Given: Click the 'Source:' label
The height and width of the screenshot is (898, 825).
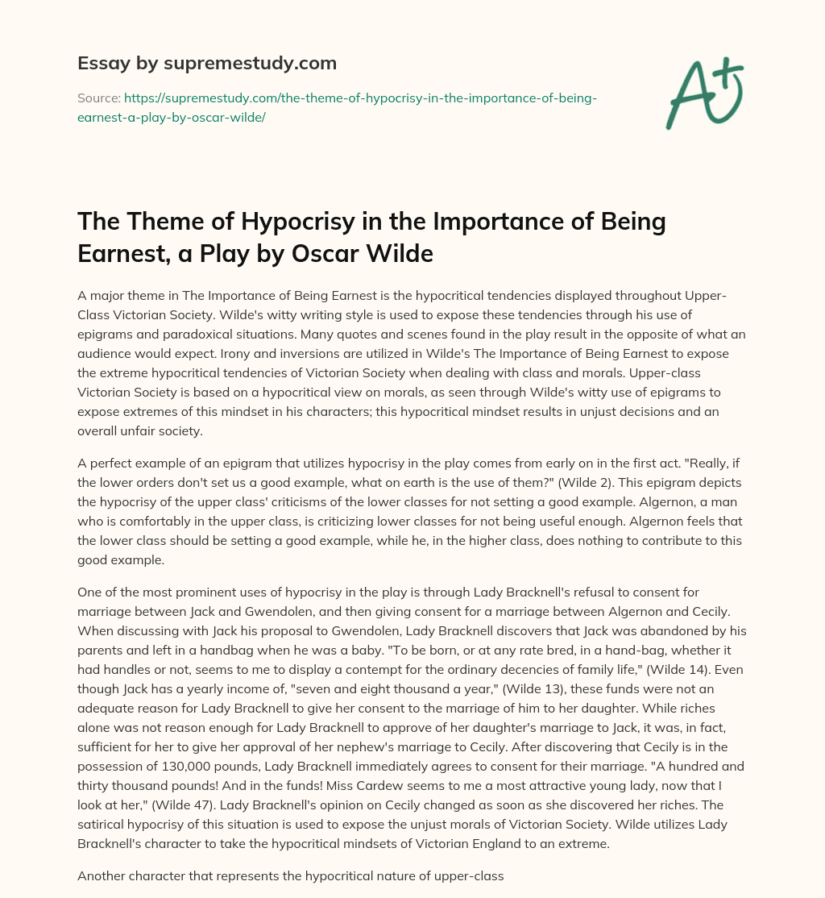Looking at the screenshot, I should click(97, 98).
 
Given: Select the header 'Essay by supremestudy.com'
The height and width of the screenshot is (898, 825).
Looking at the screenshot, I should click(206, 63).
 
